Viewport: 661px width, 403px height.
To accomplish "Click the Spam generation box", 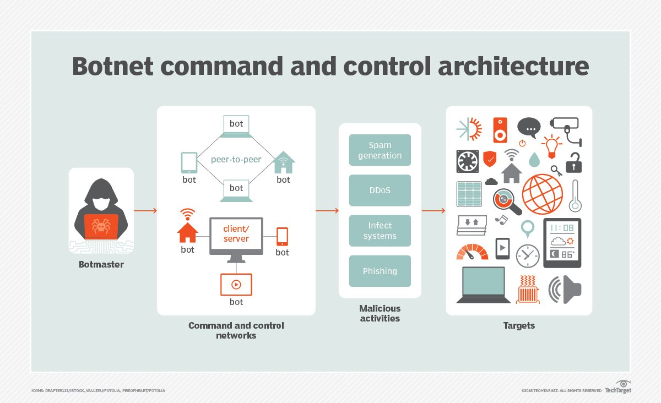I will (x=380, y=150).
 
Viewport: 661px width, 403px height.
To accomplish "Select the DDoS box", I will (x=380, y=190).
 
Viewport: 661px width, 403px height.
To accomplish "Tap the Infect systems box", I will (x=380, y=231).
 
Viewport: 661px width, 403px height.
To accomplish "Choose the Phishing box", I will (x=380, y=271).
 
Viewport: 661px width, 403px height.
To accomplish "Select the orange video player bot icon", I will (x=236, y=284).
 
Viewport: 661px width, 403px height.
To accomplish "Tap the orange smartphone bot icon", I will (x=282, y=236).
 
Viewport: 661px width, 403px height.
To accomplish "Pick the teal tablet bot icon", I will (x=189, y=162).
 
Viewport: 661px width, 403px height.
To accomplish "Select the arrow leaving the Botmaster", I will (x=145, y=210).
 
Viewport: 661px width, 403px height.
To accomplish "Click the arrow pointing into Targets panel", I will (x=434, y=210).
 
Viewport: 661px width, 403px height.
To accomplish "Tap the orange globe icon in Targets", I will (x=543, y=194).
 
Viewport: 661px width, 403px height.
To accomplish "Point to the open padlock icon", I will (x=574, y=163).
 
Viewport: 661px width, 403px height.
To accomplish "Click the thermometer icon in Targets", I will (x=576, y=195).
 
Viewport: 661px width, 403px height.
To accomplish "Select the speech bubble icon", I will (x=529, y=128).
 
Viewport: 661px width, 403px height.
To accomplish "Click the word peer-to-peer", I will (x=236, y=160).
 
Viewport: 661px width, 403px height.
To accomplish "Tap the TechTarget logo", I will (x=618, y=387).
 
